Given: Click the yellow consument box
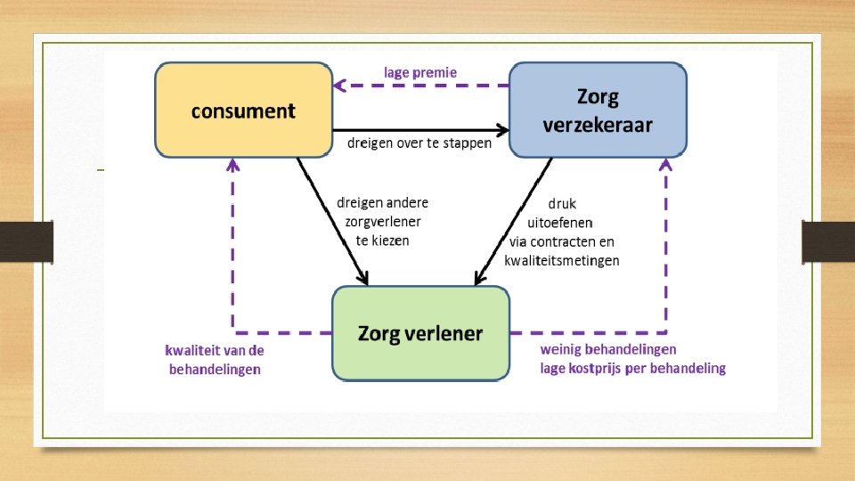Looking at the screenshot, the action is (x=243, y=110).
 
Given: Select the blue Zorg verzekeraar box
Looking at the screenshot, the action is (x=597, y=110).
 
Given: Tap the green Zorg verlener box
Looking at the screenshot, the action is (x=420, y=334).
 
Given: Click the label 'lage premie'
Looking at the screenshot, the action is (x=420, y=71).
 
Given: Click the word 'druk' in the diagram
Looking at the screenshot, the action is (x=562, y=203).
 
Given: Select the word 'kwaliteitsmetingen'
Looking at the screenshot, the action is (x=561, y=261).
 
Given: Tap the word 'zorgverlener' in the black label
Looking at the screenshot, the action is (x=383, y=221).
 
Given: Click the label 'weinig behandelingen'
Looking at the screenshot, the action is (x=608, y=348).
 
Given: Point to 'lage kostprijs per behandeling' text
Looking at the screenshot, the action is (x=632, y=368).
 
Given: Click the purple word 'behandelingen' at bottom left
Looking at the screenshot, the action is (x=215, y=369).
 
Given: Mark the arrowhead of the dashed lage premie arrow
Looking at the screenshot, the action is (x=339, y=86).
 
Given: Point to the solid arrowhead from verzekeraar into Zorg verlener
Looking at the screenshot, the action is (x=479, y=278).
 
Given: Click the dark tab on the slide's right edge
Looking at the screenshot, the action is (x=828, y=242).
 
